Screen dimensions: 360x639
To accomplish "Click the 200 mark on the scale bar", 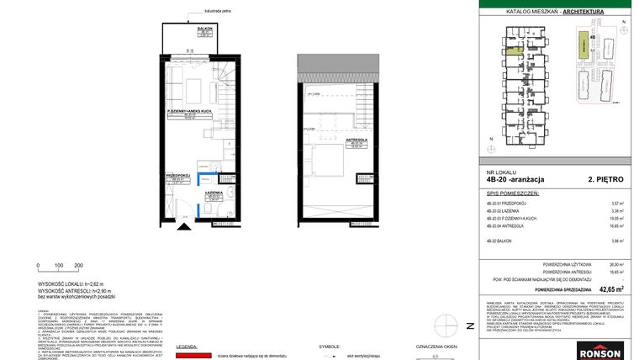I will coord(78,265).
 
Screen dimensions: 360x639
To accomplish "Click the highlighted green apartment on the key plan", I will coord(521,50).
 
